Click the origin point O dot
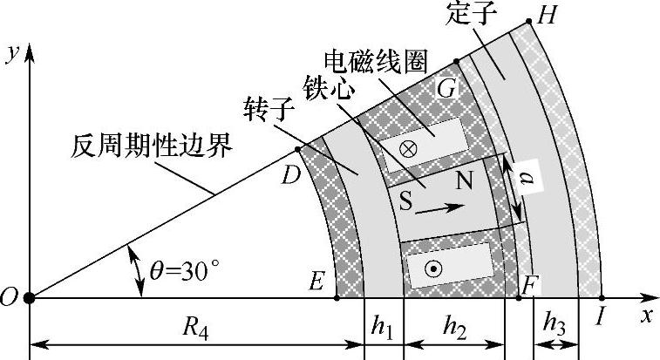[30, 297]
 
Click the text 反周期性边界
[152, 146]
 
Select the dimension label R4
[196, 329]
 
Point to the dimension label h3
[555, 322]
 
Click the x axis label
[646, 316]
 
